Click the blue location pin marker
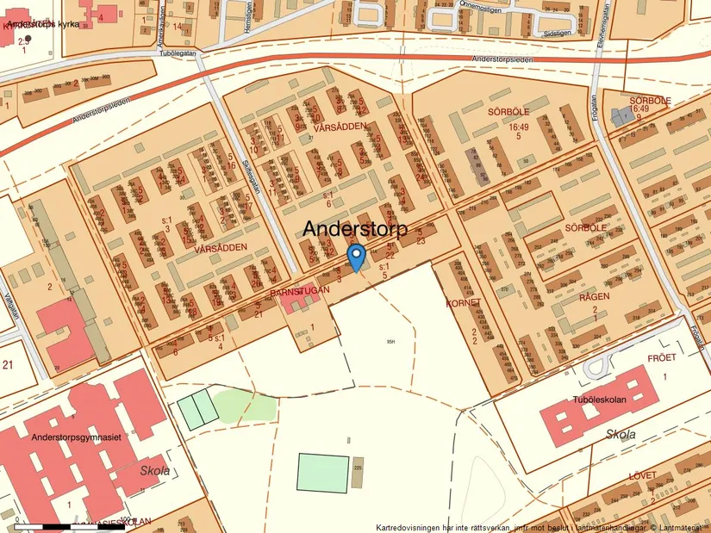(x=355, y=257)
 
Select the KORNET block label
(x=463, y=304)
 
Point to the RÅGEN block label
(x=595, y=296)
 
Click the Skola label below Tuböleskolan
(x=621, y=435)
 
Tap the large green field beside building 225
(x=323, y=472)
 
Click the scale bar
(x=69, y=524)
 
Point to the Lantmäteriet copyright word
(x=681, y=527)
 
